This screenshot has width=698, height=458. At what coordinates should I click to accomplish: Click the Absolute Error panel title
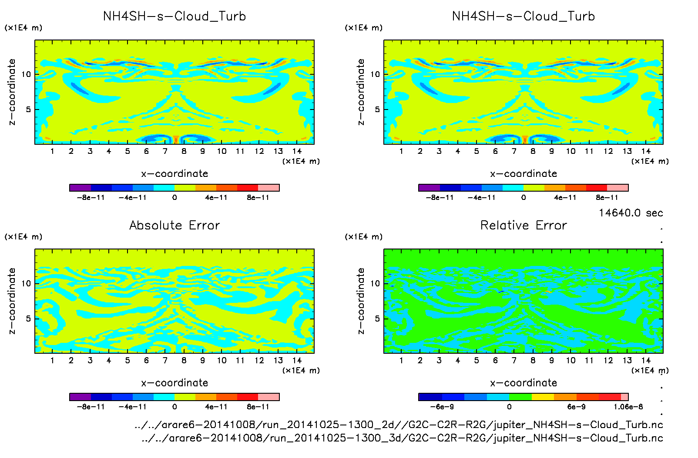pos(174,225)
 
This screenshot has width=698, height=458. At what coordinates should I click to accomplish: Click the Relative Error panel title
pos(523,225)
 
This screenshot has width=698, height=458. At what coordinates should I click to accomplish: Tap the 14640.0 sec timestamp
pos(631,213)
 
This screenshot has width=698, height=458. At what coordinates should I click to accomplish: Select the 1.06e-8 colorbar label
pos(628,407)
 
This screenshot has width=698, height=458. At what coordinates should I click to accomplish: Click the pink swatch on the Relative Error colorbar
pos(624,397)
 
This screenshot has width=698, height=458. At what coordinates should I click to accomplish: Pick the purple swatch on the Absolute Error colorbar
pos(80,397)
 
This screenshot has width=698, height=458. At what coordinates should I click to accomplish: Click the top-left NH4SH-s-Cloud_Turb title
pos(174,17)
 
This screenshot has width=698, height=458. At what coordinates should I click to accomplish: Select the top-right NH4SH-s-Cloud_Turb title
pos(523,17)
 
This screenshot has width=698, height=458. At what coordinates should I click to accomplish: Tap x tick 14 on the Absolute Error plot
pos(297,360)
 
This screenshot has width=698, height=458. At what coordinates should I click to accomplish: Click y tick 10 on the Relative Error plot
pos(375,283)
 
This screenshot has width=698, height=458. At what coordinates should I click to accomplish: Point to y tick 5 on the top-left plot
pos(28,110)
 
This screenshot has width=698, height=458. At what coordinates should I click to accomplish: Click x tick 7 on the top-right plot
pos(514,151)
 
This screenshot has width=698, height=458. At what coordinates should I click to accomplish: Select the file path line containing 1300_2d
pos(399,425)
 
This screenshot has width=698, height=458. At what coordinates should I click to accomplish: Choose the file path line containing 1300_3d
pos(402,438)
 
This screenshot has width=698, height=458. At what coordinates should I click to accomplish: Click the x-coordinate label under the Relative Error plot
pos(523,383)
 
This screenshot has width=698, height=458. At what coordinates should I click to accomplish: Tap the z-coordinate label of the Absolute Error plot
pos(12,301)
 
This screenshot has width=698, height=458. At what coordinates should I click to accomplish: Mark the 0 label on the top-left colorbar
pos(174,198)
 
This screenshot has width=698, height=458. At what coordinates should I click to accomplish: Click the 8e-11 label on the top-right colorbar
pos(607,198)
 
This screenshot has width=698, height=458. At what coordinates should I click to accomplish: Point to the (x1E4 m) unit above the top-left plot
pos(23,28)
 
